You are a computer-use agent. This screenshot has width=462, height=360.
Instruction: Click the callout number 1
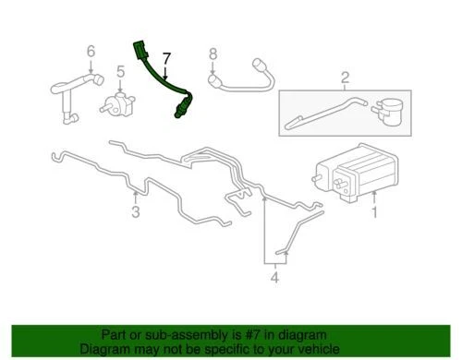tap(375, 212)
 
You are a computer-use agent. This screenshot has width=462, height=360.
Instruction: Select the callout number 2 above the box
tap(345, 77)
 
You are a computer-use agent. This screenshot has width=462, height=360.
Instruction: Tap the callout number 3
tap(135, 213)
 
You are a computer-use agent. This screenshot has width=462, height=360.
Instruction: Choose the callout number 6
tap(91, 52)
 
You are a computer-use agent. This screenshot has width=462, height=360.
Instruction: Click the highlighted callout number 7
tap(166, 61)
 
